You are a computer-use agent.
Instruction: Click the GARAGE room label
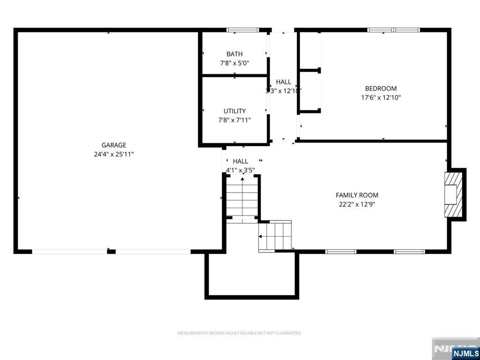(x=114, y=145)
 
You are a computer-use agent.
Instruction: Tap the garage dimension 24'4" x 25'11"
(x=114, y=154)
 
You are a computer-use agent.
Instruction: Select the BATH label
(x=234, y=54)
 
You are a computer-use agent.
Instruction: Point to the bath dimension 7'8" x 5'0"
(x=234, y=63)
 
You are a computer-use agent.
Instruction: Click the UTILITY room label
(x=234, y=111)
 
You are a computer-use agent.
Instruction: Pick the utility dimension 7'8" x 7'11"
(x=234, y=120)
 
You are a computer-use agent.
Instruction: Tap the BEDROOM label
(x=381, y=89)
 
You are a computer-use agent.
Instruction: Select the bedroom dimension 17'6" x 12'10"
(x=381, y=97)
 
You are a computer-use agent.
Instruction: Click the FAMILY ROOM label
(x=357, y=195)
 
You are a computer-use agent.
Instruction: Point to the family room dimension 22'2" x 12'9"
(x=357, y=204)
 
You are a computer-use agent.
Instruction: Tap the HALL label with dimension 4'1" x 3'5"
(x=240, y=161)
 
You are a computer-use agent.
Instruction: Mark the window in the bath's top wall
(x=243, y=30)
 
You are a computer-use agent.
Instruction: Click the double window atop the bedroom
(x=393, y=30)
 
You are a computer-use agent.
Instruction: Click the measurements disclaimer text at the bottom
(x=239, y=333)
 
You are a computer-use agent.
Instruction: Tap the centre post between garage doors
(x=111, y=252)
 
